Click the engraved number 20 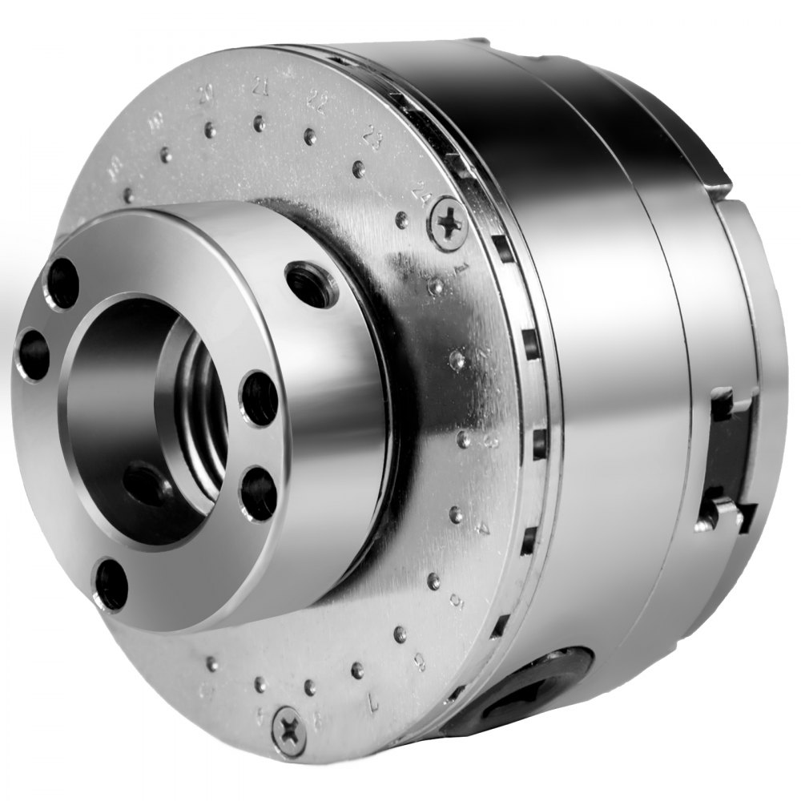[207, 97]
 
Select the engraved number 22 [316, 99]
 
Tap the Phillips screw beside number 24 [449, 221]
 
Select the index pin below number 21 [259, 123]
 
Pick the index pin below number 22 [310, 137]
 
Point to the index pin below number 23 [359, 169]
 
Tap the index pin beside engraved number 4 [456, 514]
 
